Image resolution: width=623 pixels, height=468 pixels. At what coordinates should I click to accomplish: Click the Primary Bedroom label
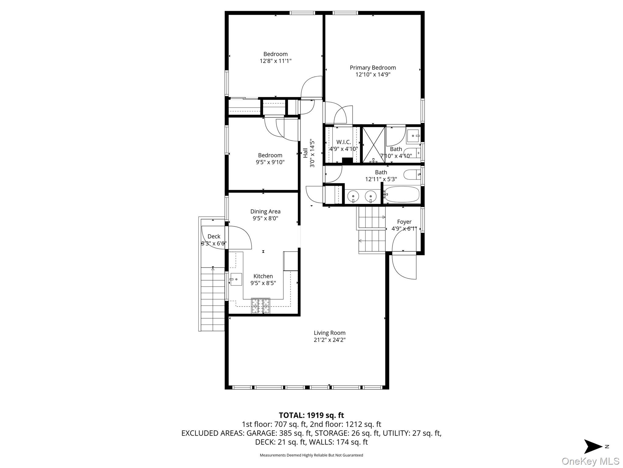[373, 68]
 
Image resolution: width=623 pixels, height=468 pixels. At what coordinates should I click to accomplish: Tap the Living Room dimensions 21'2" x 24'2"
[329, 340]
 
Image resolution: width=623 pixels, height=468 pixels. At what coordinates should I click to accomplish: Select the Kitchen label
[263, 276]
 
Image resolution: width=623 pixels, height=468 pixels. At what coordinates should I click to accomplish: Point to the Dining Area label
[265, 211]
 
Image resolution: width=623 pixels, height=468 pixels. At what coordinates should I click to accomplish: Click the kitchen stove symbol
[260, 306]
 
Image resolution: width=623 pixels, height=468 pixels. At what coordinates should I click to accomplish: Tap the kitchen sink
[236, 279]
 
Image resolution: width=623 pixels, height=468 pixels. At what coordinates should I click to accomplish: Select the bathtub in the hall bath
[402, 194]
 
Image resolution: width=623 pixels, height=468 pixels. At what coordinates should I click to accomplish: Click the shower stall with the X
[373, 145]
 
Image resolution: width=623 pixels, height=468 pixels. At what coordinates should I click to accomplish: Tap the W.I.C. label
[343, 142]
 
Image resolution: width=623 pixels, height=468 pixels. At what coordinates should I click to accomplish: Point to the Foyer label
[404, 222]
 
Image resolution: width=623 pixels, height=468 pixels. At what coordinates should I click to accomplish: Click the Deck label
[214, 236]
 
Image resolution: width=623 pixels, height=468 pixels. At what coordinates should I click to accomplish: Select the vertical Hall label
[305, 153]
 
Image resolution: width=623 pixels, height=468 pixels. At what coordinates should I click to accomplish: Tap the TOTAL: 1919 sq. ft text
[311, 415]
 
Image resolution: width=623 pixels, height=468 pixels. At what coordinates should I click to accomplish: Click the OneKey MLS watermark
[590, 461]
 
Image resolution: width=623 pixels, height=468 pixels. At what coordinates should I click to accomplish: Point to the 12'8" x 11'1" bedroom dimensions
[275, 61]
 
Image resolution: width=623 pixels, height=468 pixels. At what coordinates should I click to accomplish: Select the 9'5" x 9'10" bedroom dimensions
[270, 162]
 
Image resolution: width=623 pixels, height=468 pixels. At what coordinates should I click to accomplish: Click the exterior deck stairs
[213, 299]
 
